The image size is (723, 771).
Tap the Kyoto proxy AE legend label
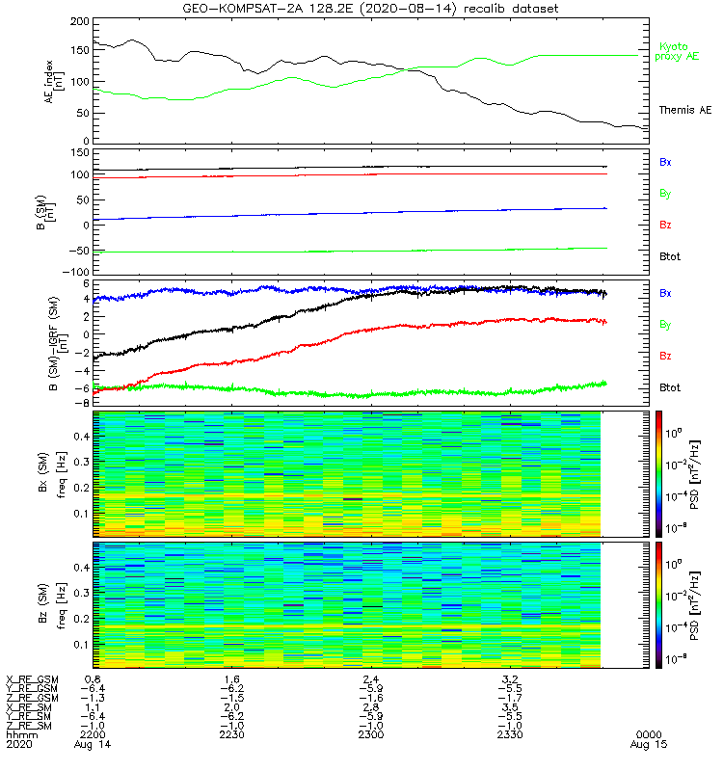pos(679,51)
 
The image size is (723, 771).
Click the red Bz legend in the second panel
pos(665,225)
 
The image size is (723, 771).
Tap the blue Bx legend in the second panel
pos(665,162)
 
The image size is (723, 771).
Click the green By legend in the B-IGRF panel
pos(665,325)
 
